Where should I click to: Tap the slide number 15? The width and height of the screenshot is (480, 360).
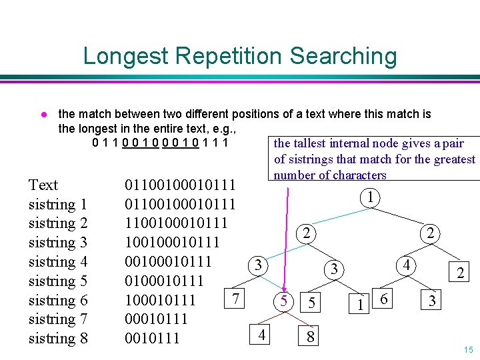[467, 350]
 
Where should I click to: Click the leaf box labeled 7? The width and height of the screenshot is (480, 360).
[235, 297]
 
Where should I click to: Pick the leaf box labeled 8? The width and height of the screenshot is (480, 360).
[311, 337]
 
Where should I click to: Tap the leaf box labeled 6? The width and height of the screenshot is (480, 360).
[383, 299]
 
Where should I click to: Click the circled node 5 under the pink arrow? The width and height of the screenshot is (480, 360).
[283, 301]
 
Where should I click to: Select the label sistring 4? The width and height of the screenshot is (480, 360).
[58, 261]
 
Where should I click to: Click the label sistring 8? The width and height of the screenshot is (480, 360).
[58, 338]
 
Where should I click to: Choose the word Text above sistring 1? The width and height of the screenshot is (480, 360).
[43, 185]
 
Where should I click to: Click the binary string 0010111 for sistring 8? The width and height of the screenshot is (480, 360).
[152, 338]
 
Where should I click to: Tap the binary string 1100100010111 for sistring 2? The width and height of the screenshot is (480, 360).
[175, 223]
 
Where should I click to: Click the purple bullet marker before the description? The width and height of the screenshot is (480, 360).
[41, 115]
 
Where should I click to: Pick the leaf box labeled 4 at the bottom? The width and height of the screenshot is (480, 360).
[263, 333]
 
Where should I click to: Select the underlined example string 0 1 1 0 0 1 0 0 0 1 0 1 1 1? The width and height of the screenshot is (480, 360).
[161, 142]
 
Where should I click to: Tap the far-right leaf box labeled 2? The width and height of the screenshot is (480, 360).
[459, 272]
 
